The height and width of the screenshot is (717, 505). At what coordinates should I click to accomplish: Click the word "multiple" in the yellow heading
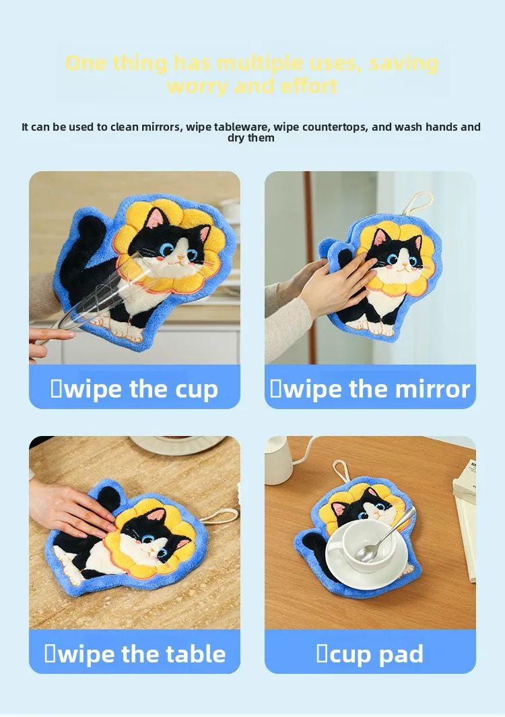259,64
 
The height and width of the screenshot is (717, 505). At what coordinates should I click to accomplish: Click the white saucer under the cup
366,555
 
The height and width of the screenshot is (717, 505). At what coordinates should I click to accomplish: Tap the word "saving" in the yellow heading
404,64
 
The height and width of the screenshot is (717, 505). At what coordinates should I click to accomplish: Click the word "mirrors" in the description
163,127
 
